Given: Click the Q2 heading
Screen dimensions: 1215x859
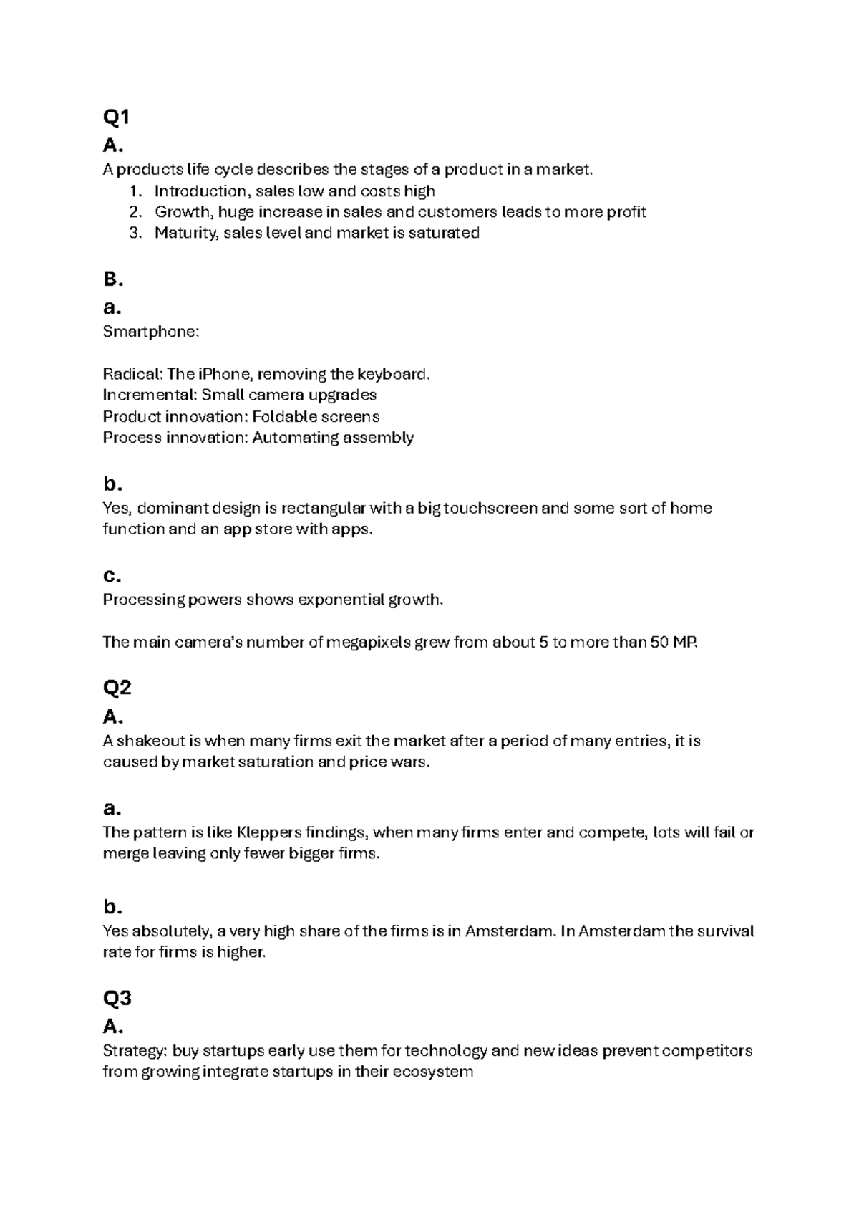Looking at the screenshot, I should point(117,688).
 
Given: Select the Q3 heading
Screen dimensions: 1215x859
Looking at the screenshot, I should point(117,998).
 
